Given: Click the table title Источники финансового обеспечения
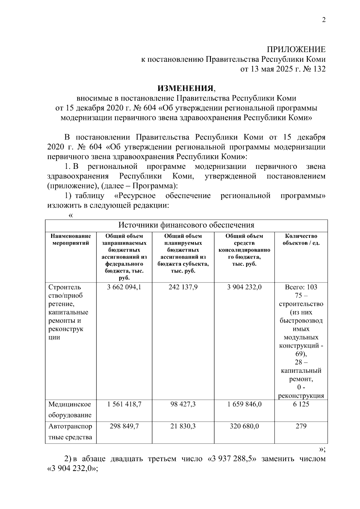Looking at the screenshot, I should pos(186,225).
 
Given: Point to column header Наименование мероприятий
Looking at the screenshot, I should pos(70,239).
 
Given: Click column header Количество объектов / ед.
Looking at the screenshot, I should pos(301,239).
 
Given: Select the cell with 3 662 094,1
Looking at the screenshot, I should pos(124,287).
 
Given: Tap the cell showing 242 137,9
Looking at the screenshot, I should pos(183,287).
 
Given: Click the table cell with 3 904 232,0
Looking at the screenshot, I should pos(244,287).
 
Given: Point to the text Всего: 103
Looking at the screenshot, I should pos(301,287).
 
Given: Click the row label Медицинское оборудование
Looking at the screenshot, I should pos(70,410).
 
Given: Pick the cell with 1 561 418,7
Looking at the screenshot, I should pos(124,404).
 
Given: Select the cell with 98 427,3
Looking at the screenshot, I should pos(183,404).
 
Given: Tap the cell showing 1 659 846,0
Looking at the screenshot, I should pos(244,404).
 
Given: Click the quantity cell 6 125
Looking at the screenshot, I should pos(301,404).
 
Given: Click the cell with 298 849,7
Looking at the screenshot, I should pos(124,426).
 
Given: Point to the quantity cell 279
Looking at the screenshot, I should pos(301,426).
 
